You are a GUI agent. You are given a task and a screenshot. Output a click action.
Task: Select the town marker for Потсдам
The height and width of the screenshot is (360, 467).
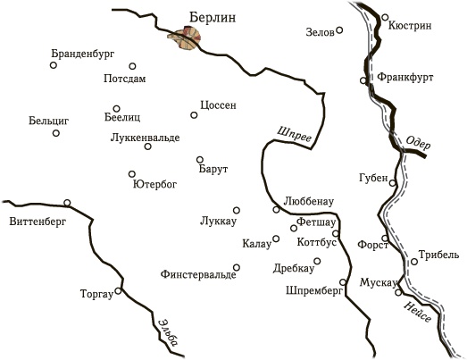tap(132, 66)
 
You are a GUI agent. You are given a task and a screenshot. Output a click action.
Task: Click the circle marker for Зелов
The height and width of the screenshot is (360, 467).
tap(340, 30)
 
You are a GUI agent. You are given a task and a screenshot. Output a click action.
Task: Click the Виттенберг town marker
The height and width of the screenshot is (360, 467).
tap(67, 202)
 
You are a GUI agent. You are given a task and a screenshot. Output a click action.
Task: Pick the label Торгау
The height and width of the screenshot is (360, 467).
tap(97, 293)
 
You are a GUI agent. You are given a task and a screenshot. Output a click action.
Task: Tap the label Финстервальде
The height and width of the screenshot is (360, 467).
tap(197, 274)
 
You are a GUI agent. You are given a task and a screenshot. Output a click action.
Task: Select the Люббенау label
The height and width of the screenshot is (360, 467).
tap(309, 201)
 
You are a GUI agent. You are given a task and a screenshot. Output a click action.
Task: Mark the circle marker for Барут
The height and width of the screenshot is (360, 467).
tap(199, 160)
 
